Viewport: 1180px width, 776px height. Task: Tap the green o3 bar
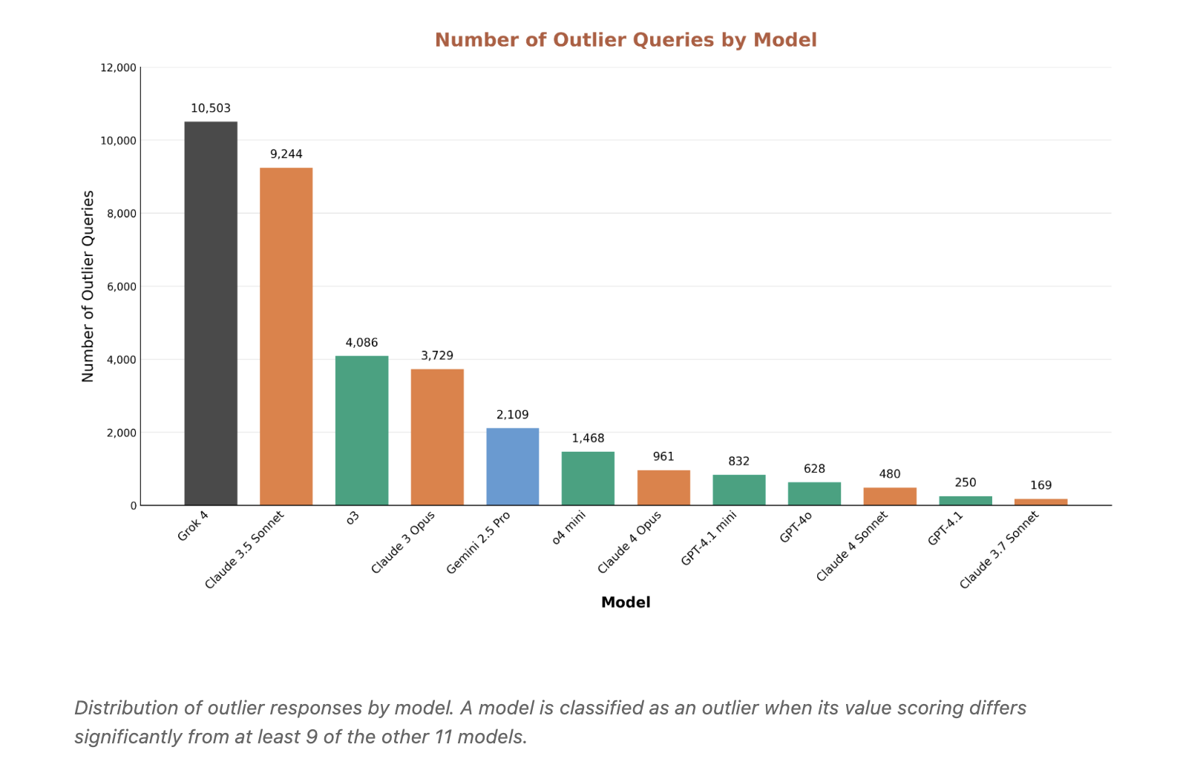(x=361, y=430)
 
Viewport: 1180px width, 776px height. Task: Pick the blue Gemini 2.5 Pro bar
(x=512, y=467)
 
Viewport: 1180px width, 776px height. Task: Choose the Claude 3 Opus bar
(x=437, y=437)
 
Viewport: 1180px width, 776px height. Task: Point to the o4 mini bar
(x=588, y=479)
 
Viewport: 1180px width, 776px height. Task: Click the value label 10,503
(x=211, y=108)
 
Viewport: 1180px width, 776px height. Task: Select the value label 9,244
(x=286, y=154)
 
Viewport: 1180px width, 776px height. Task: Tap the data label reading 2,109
(x=512, y=415)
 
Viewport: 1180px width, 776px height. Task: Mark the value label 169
(x=1040, y=485)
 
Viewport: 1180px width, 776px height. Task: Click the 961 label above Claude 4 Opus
(x=663, y=456)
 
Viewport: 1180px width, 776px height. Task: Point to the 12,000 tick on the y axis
(x=119, y=68)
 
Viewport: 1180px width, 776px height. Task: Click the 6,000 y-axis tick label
(x=122, y=286)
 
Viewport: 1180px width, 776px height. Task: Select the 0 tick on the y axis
(x=134, y=505)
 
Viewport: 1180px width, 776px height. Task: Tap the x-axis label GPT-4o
(x=796, y=527)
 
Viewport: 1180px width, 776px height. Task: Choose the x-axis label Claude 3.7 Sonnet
(x=999, y=550)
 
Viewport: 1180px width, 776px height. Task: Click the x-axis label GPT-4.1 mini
(x=709, y=539)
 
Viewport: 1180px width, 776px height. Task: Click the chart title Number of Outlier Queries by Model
(x=626, y=40)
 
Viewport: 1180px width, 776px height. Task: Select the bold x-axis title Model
(x=626, y=602)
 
